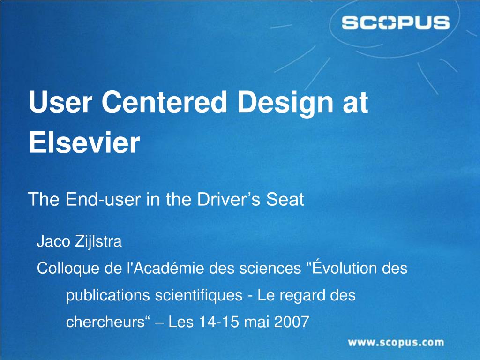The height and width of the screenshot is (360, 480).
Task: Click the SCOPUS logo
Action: tap(395, 22)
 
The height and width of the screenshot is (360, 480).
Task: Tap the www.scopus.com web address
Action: tap(395, 343)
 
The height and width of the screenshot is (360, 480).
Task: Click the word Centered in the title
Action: tap(169, 103)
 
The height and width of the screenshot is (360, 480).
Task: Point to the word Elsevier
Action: tap(84, 143)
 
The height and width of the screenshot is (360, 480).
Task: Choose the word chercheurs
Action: tap(105, 322)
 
